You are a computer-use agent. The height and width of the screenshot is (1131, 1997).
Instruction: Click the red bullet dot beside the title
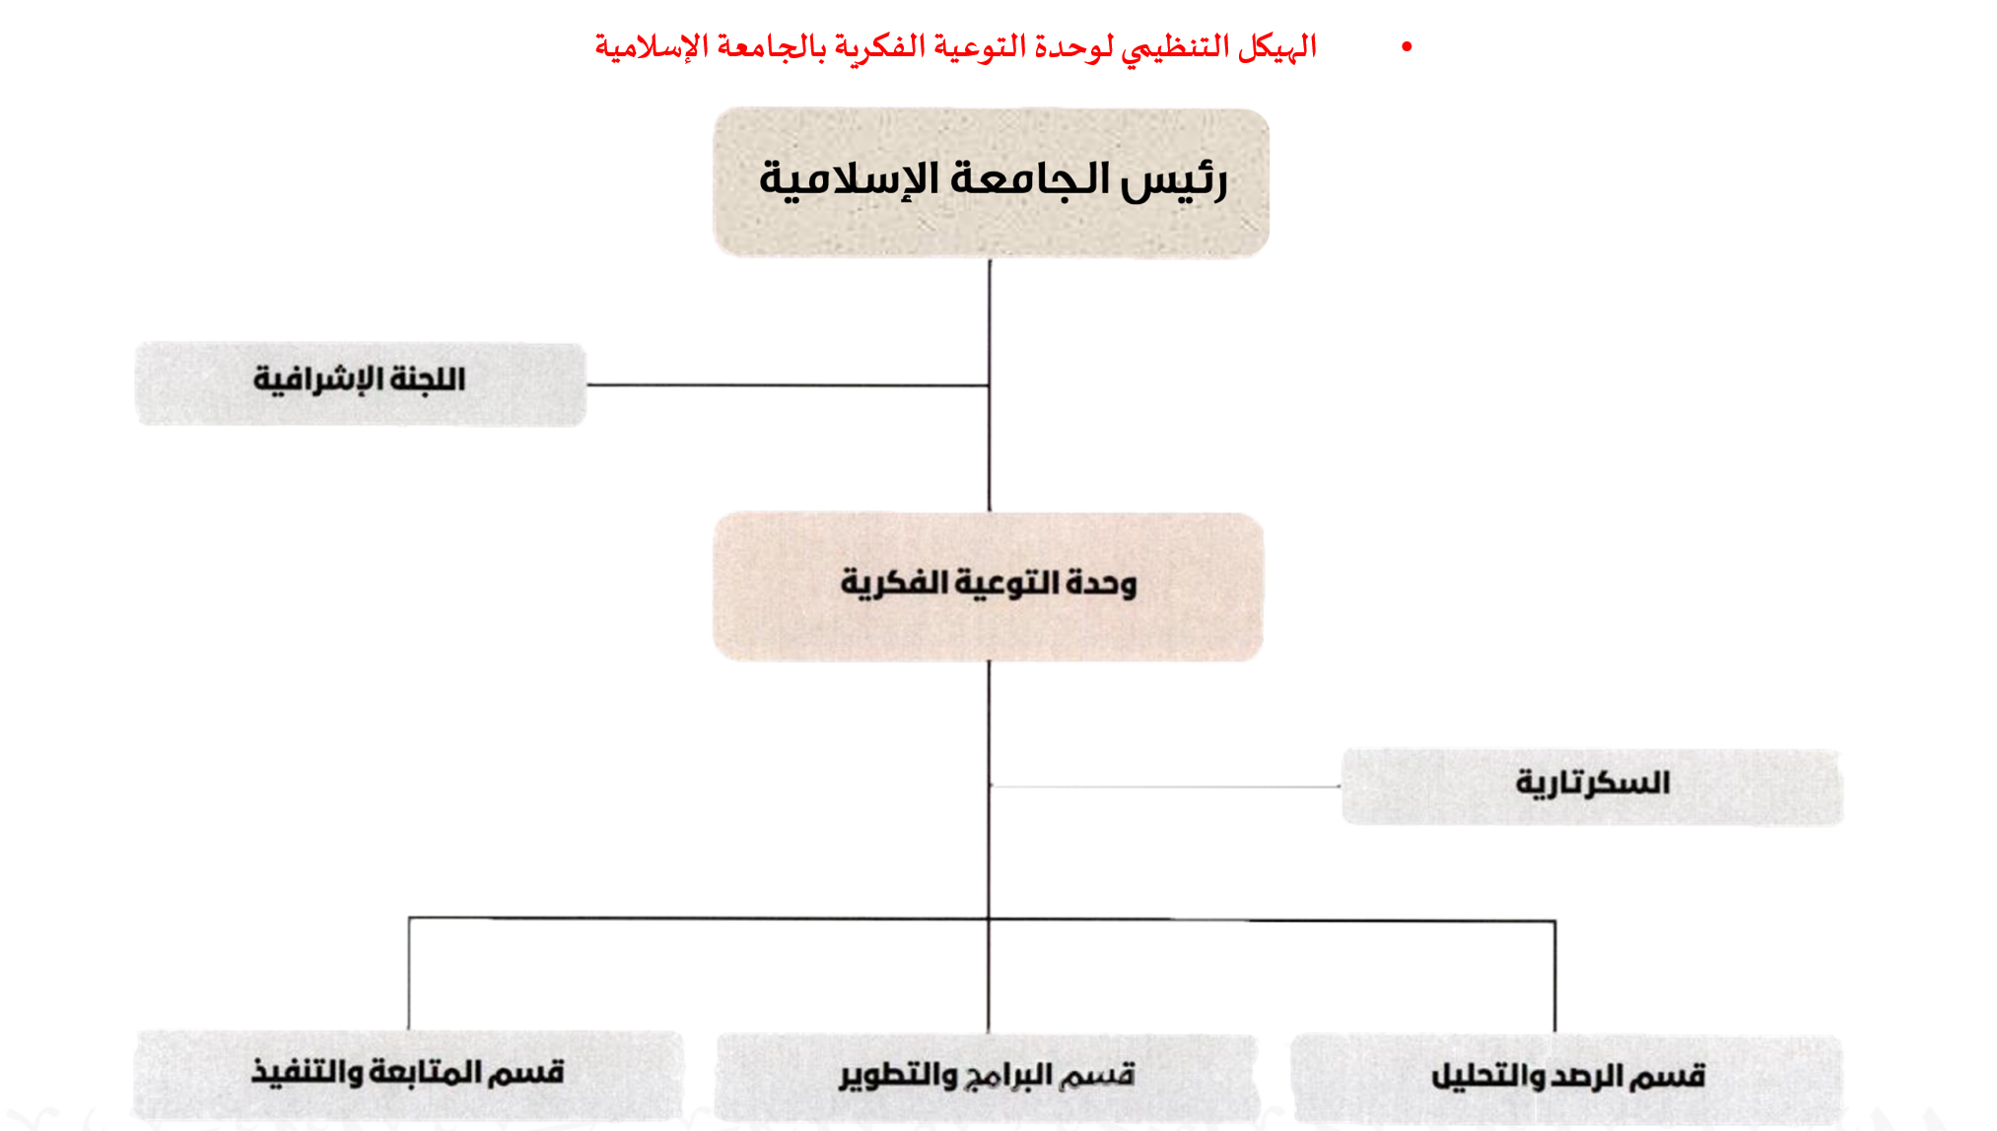point(1407,47)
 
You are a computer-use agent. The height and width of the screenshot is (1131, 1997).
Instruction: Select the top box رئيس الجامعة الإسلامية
point(991,182)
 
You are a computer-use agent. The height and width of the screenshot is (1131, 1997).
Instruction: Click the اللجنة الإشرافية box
point(361,384)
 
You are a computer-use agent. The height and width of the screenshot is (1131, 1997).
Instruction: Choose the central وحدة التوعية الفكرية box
point(989,586)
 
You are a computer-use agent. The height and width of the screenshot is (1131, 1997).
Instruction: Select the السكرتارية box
point(1592,786)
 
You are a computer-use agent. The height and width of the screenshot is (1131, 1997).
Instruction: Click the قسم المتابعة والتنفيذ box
point(408,1074)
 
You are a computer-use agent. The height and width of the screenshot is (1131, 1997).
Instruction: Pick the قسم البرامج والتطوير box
point(987,1076)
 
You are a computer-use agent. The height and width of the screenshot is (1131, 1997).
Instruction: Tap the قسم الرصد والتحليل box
point(1567,1078)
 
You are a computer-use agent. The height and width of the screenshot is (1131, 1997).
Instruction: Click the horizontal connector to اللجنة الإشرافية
point(789,385)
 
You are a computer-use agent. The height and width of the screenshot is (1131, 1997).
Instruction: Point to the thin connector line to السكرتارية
point(1163,786)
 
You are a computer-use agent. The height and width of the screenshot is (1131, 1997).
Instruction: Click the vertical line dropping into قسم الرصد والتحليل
point(1554,976)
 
